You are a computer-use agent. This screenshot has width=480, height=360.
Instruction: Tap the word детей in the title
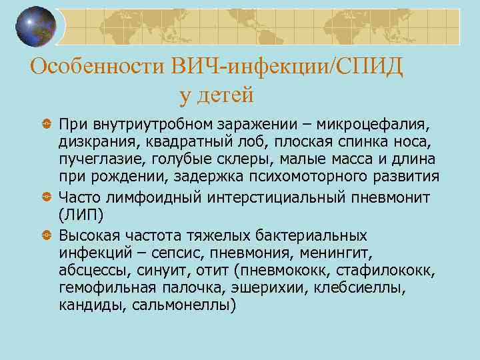[227, 95]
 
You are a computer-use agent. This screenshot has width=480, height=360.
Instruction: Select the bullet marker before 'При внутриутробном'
[47, 125]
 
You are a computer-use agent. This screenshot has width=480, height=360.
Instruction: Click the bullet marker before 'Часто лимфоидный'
[47, 197]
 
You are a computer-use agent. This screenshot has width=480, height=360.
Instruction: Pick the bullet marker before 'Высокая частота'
[47, 237]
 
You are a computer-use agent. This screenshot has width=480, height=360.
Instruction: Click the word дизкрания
[94, 142]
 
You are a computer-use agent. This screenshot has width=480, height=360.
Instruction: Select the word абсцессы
[93, 271]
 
